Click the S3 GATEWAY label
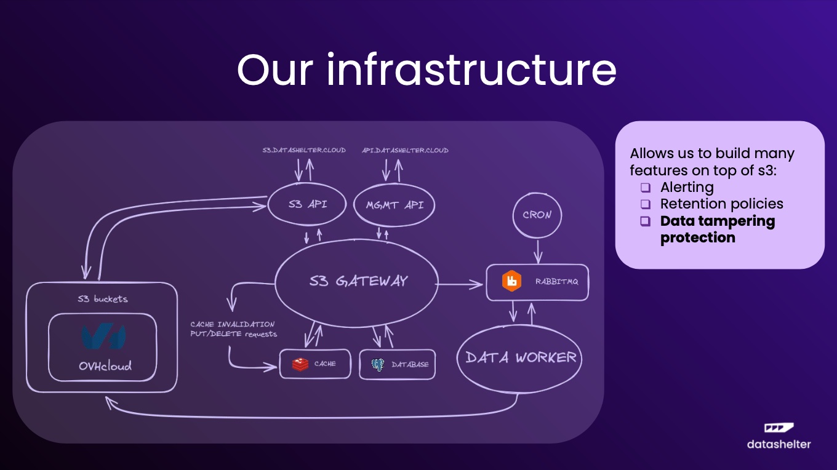(x=358, y=281)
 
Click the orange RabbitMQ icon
(x=511, y=281)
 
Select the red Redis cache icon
(x=300, y=364)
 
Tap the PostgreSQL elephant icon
(x=378, y=365)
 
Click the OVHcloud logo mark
(x=103, y=337)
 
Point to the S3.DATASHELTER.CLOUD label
(x=304, y=150)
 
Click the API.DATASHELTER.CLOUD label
(x=405, y=150)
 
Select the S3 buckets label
(x=103, y=299)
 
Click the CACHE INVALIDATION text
(x=233, y=324)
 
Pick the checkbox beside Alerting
(x=646, y=187)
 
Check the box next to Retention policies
(x=646, y=204)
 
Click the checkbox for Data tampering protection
(x=646, y=221)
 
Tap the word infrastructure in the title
(x=471, y=70)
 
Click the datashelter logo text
(x=779, y=444)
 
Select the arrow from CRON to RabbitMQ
(x=538, y=252)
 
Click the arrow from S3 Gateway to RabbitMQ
(x=459, y=284)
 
